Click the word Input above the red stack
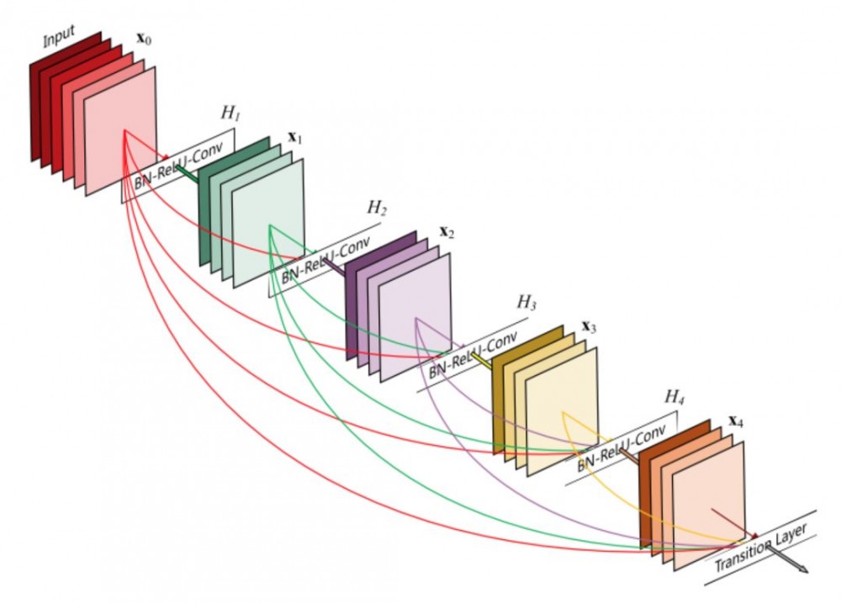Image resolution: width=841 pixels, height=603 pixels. tap(59, 36)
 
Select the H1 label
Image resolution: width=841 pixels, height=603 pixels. tap(230, 113)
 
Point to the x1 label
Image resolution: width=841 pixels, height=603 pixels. tap(295, 138)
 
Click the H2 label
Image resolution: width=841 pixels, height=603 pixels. tap(377, 208)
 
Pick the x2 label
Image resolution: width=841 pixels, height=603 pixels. tap(447, 232)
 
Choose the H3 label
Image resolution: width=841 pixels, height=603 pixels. tap(526, 303)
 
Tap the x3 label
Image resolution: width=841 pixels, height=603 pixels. tap(589, 326)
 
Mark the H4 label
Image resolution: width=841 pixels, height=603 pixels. tap(674, 397)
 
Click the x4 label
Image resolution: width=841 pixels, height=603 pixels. tap(736, 421)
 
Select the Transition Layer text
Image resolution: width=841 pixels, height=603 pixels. tap(761, 547)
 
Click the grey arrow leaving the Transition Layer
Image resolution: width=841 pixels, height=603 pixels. tap(787, 558)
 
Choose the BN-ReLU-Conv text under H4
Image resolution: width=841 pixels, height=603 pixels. tap(621, 447)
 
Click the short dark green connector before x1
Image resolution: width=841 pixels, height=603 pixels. tap(188, 173)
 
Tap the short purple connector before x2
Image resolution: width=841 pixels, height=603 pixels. tap(336, 267)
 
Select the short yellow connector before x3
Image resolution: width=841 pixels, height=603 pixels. tap(482, 362)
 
